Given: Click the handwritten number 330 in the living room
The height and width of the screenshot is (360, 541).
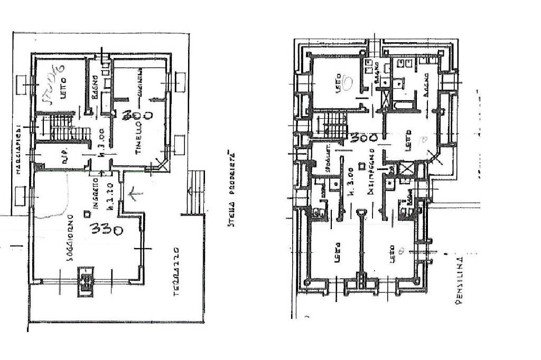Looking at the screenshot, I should coord(106,230).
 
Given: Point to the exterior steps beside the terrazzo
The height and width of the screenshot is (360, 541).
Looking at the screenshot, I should coord(195,192).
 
